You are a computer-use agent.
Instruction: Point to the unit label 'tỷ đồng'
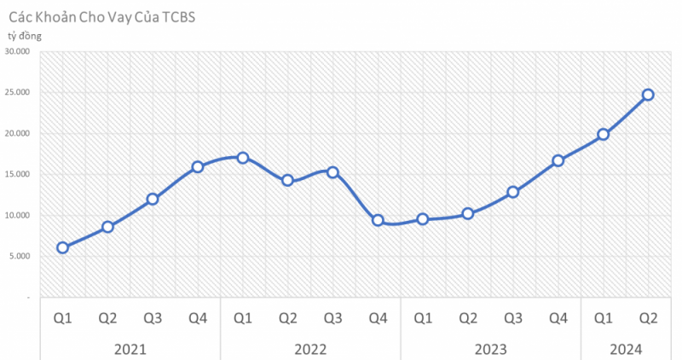coord(25,36)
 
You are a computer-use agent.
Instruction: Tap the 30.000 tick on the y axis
coord(17,52)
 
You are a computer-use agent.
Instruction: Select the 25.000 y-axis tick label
coord(17,93)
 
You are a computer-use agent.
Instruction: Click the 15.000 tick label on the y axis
coord(17,174)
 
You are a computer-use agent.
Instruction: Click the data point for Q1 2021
coord(62,247)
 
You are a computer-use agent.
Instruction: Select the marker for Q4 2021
coord(198,167)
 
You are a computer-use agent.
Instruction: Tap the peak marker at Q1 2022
coord(243,158)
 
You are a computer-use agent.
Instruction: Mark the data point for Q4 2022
coord(378,220)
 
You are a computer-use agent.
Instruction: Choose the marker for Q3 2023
coord(513,192)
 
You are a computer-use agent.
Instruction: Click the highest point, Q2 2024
coord(648,95)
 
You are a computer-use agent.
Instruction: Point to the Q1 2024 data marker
coord(604,134)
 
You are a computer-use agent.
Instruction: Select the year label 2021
coord(130,349)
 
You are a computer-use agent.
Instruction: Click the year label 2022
coord(310,349)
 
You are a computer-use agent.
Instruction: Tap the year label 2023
coord(490,349)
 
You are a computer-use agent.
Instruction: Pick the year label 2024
coord(626,349)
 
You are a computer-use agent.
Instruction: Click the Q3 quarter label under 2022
coord(332,319)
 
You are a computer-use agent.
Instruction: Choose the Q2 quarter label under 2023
coord(468,319)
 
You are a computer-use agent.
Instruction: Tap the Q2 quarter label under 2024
coord(648,319)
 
